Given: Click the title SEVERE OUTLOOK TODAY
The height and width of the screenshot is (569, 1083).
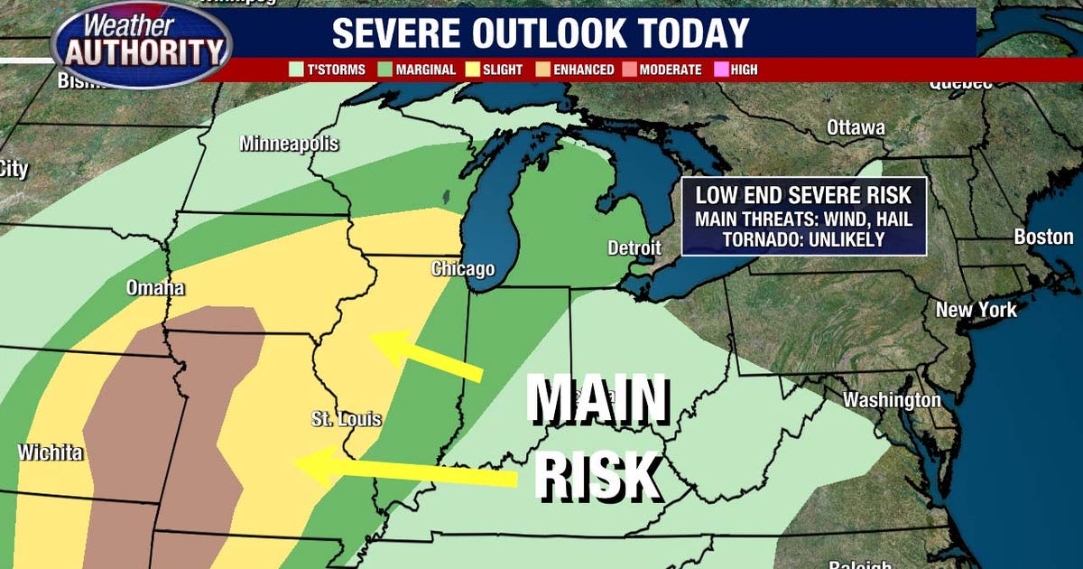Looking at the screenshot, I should [x=541, y=33].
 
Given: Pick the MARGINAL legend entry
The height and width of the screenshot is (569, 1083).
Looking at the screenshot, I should [x=418, y=70].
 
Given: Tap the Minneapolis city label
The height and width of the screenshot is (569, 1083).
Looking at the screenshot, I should [x=289, y=144].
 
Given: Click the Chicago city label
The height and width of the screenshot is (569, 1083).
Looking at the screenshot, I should [x=463, y=268].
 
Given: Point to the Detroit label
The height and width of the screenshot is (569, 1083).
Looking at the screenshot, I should [x=634, y=247].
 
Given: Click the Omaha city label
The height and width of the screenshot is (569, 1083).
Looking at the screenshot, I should [x=155, y=288].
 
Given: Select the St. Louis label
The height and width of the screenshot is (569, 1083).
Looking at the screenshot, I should [x=346, y=419].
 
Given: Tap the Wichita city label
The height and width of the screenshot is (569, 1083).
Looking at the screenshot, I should [x=51, y=452].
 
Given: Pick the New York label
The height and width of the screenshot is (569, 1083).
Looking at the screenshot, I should [x=976, y=310].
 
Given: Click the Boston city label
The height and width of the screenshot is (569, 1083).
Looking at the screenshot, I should [x=1043, y=238].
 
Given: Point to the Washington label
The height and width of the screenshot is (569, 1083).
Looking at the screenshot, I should [x=892, y=399].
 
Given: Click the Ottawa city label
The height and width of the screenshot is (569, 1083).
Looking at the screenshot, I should [x=856, y=127].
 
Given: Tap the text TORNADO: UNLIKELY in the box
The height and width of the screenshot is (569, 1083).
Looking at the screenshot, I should [x=803, y=238].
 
